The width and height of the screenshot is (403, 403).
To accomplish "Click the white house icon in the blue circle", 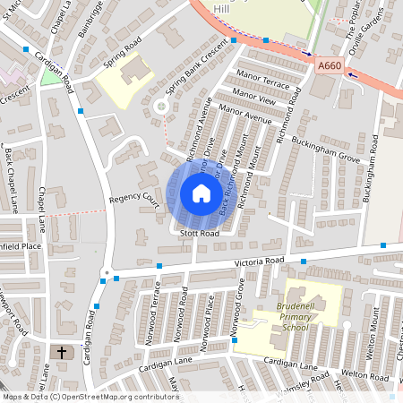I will [201, 193].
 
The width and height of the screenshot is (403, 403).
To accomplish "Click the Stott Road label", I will [199, 233].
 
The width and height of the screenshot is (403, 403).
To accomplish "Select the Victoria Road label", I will [258, 262].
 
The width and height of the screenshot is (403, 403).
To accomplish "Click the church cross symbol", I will [62, 353].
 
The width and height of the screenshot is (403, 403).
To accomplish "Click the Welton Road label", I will [364, 375].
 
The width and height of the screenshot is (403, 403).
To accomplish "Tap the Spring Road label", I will [123, 56].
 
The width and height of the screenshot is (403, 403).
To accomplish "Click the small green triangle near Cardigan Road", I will [51, 78].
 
